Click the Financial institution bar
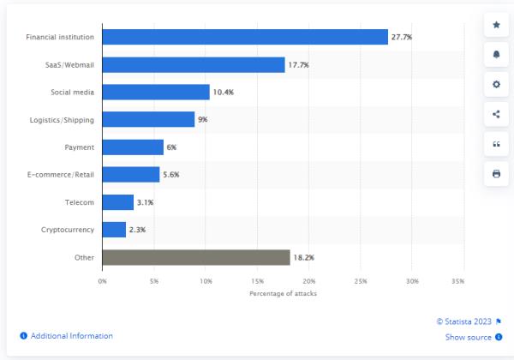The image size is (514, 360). pos(244,37)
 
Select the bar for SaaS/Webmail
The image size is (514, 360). pos(193,64)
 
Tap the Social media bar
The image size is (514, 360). pos(155,92)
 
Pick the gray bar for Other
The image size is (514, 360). pos(195,256)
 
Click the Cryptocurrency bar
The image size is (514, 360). pos(114,229)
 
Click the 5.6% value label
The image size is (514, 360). pos(171,174)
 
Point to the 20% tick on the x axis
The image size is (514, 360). pos(309,280)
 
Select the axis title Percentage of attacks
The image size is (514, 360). pos(283,293)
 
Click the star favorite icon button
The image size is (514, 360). pos(496,25)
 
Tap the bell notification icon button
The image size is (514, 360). pos(496,55)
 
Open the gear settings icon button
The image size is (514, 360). pos(496,85)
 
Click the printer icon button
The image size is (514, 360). pos(496,174)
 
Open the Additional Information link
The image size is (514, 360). pos(71,336)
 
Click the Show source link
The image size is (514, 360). pos(468,337)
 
